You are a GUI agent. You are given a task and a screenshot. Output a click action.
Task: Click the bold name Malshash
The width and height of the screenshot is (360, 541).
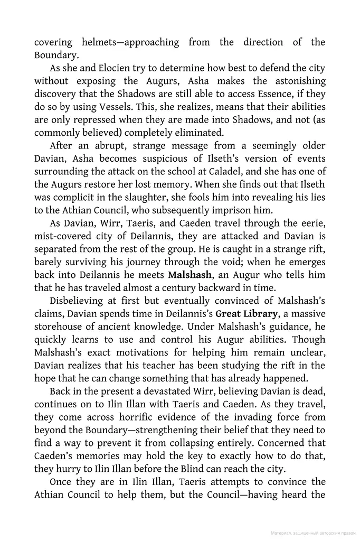pyautogui.click(x=190, y=275)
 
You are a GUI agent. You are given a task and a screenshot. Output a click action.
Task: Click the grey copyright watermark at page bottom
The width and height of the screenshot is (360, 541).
pyautogui.click(x=312, y=534)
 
